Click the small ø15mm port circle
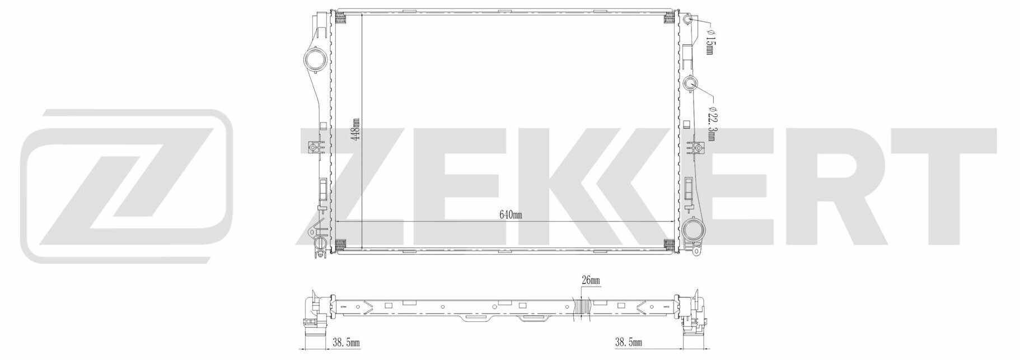click(689, 7)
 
